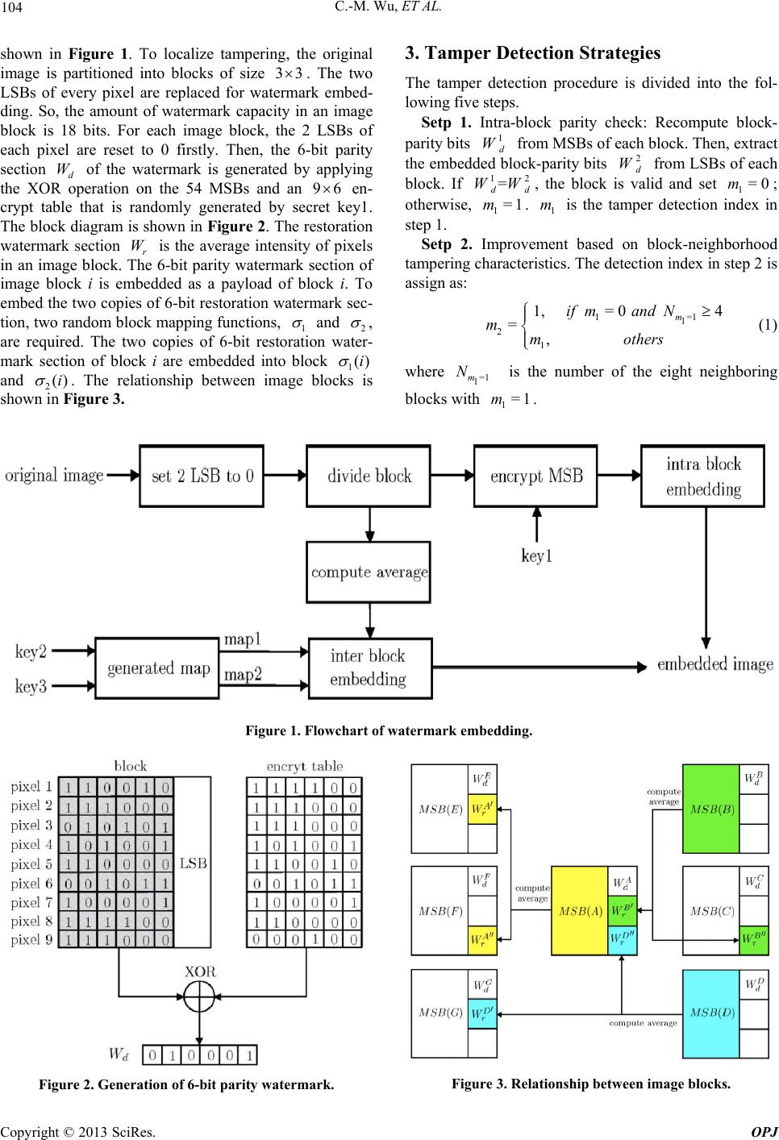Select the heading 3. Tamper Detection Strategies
[x=532, y=54]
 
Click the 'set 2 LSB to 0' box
[x=202, y=476]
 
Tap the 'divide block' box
[x=369, y=476]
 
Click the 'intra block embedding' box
[x=703, y=476]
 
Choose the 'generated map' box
[x=152, y=668]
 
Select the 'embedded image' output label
[x=714, y=664]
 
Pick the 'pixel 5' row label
[x=31, y=863]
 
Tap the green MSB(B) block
[x=710, y=809]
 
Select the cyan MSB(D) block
[x=710, y=1013]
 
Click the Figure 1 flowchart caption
[x=389, y=731]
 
